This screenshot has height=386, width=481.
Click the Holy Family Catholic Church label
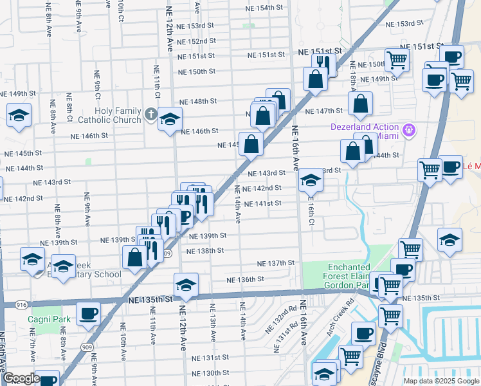pyautogui.click(x=109, y=115)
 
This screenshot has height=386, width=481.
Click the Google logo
pyautogui.click(x=21, y=379)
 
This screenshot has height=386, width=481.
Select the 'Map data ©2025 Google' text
pyautogui.click(x=441, y=381)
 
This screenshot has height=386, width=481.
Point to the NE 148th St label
pyautogui.click(x=198, y=102)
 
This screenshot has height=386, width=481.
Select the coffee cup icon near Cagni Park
pyautogui.click(x=88, y=313)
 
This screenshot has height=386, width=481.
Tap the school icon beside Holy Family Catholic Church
pyautogui.click(x=170, y=119)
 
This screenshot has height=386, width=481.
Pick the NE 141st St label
pyautogui.click(x=264, y=203)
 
